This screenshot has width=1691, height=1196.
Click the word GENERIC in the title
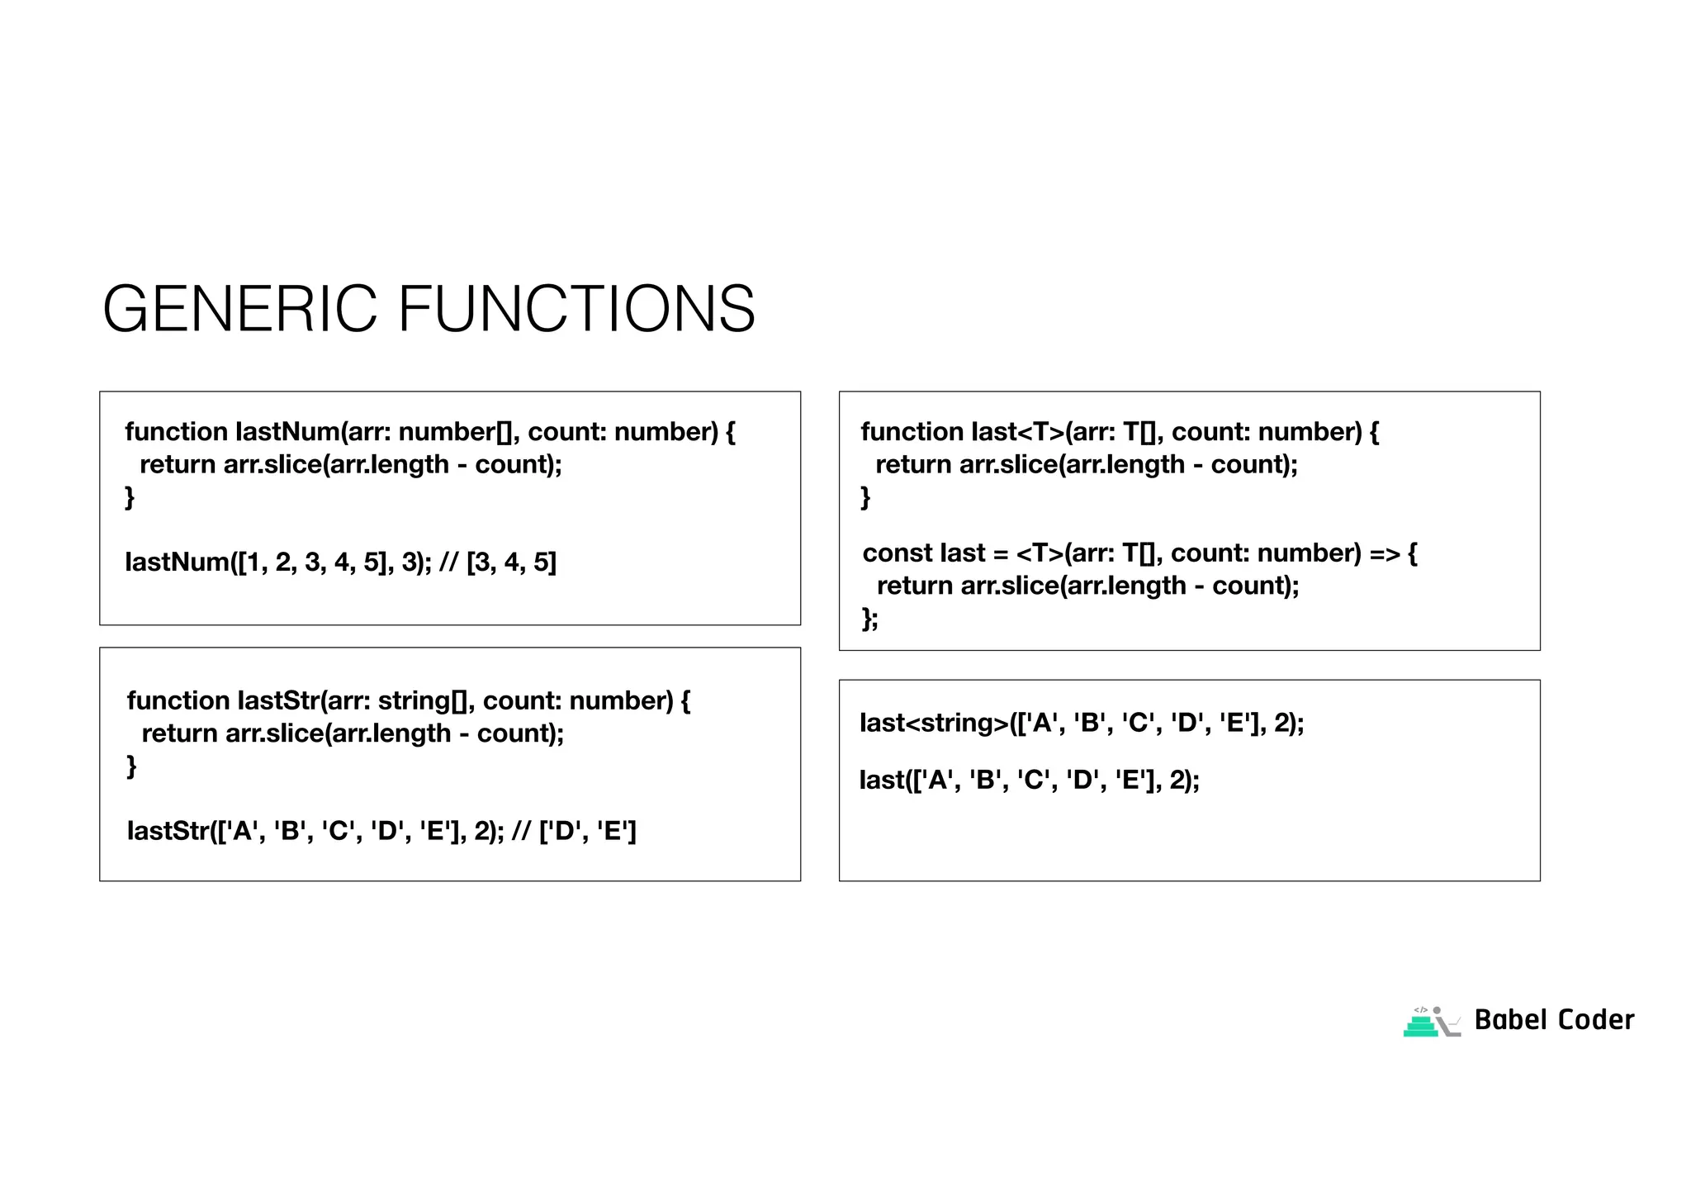(x=239, y=309)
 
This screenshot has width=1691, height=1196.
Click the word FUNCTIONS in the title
(x=576, y=309)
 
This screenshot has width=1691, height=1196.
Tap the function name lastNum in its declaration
(x=287, y=432)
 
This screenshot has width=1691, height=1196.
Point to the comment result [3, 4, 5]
(x=511, y=562)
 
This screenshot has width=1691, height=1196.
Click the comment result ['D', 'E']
(x=587, y=831)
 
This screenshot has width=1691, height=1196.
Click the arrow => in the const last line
(x=1385, y=553)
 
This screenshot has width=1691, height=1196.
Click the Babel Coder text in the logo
(x=1554, y=1020)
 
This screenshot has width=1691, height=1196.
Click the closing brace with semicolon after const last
(x=870, y=619)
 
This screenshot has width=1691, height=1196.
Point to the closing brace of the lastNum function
(x=130, y=497)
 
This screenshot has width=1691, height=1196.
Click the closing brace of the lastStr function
(x=131, y=766)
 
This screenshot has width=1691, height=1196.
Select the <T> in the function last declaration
(x=1037, y=432)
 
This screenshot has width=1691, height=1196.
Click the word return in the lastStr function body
(x=180, y=733)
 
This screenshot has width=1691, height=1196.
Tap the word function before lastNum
(x=176, y=432)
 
